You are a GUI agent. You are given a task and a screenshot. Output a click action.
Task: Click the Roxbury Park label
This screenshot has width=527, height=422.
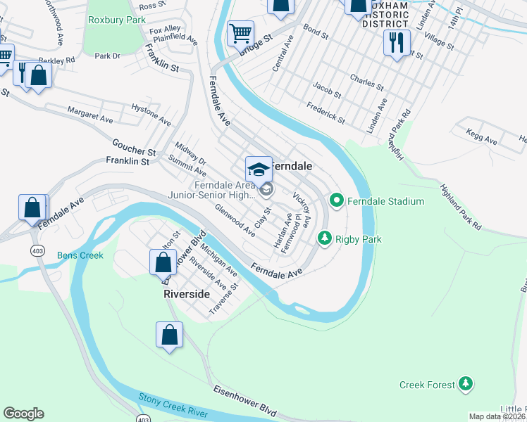(x=116, y=20)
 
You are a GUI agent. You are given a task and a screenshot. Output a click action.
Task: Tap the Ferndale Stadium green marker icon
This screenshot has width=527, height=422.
(x=336, y=201)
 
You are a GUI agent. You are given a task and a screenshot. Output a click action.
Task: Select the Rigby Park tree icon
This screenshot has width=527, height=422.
(x=324, y=238)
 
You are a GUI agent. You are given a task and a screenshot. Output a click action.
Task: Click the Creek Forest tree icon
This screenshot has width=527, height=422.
(x=465, y=384)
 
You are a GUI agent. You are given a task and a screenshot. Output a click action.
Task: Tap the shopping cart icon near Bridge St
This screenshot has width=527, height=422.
(x=241, y=32)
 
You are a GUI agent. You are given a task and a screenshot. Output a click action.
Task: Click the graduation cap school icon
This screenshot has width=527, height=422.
(x=259, y=170)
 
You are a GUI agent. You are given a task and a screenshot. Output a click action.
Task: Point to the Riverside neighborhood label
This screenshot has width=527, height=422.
(x=187, y=293)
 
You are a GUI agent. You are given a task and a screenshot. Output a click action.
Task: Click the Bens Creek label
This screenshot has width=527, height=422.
(x=80, y=255)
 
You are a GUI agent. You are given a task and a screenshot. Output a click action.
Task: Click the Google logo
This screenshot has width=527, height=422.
(x=23, y=414)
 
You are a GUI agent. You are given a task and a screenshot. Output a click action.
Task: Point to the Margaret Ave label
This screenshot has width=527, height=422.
(x=90, y=115)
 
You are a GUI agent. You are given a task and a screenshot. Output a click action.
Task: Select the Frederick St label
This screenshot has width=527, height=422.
(x=325, y=113)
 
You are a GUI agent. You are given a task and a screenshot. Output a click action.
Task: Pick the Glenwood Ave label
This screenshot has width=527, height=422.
(x=235, y=219)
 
